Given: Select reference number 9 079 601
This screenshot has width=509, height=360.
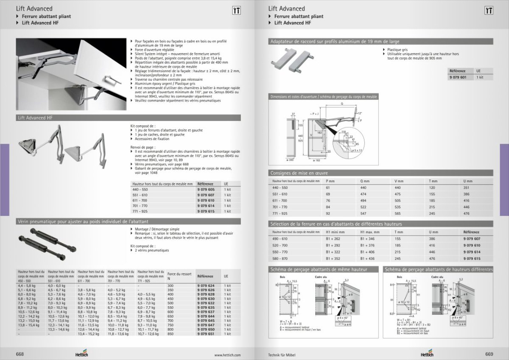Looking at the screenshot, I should point(457,77).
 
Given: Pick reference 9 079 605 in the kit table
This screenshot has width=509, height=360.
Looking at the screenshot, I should point(206,189).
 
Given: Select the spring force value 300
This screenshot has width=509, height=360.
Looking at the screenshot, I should point(171,286).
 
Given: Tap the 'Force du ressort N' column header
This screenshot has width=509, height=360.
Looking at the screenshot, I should point(179,276).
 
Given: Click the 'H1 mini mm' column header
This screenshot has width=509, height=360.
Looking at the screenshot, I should point(334,232).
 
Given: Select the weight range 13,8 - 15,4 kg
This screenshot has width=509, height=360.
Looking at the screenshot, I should point(27,324).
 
